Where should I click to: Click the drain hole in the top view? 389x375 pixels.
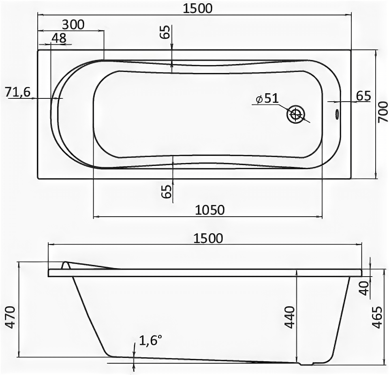(295, 115)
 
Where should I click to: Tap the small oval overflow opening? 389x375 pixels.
(337, 114)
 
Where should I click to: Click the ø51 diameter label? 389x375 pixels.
(267, 98)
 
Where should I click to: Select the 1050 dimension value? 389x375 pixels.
(210, 210)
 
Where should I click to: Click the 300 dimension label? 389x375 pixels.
(73, 25)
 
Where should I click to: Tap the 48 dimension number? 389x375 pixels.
(59, 38)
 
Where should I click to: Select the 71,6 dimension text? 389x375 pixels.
(17, 92)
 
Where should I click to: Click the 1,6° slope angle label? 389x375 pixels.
(151, 340)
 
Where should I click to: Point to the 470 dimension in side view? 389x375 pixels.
(10, 317)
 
